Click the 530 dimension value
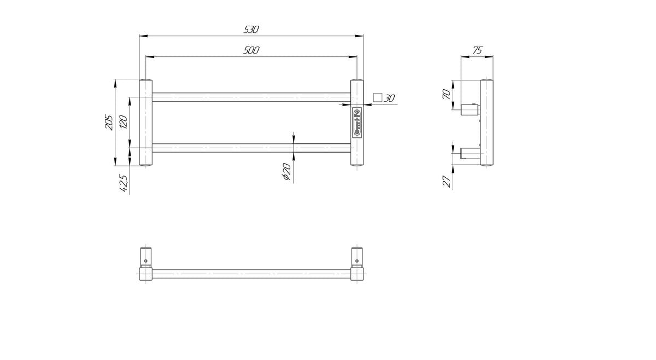coord(251,30)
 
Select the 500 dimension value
coord(251,50)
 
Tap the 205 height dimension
coord(109,122)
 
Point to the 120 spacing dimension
coord(124,122)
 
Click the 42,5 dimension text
coord(124,183)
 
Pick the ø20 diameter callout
coord(286,171)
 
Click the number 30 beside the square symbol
coord(389,98)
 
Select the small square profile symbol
coord(378,97)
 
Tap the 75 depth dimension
coord(477,50)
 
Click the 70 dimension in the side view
coord(447,95)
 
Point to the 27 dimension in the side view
coord(447,182)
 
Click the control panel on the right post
coord(357,121)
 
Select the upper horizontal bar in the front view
coord(251,97)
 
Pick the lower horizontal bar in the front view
coord(251,148)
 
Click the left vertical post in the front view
coord(145,123)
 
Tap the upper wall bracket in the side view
coord(470,109)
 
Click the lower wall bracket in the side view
coord(470,153)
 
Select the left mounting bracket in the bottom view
coord(145,257)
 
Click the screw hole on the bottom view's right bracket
coord(356,260)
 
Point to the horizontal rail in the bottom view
coord(251,274)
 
